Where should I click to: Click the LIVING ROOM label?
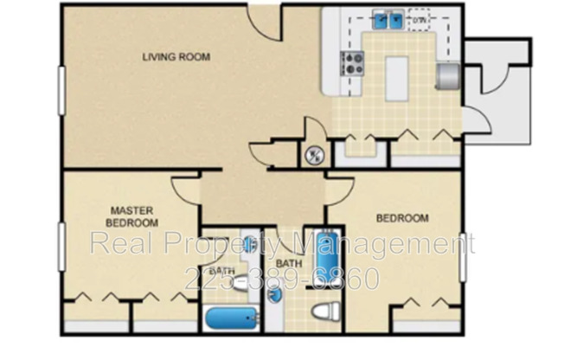tap(176, 58)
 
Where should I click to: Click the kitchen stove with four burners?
tap(353, 62)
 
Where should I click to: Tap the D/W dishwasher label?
tap(420, 18)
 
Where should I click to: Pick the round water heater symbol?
tap(314, 157)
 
